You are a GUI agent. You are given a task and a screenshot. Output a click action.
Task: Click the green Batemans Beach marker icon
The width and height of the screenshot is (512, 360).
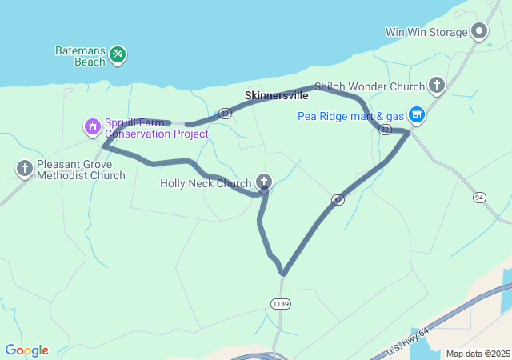pos(118,54)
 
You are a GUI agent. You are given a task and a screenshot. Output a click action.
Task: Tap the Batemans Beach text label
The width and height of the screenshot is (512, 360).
pos(80,55)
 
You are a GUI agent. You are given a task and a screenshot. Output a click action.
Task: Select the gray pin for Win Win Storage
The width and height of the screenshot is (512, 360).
pos(479,32)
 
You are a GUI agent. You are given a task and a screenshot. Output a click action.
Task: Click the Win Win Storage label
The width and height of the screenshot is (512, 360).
pos(426,33)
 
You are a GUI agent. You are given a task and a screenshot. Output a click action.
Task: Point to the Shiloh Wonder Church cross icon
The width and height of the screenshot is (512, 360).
pos(436,85)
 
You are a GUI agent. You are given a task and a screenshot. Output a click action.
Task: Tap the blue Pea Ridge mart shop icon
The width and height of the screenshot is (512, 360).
pos(416,115)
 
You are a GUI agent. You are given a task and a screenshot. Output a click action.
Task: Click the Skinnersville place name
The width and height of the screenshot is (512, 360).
pos(276,95)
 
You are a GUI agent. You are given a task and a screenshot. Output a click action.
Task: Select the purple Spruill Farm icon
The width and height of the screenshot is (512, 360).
pos(93,126)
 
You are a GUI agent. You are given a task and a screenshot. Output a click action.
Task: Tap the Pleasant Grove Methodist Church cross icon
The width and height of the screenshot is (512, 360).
pos(24,168)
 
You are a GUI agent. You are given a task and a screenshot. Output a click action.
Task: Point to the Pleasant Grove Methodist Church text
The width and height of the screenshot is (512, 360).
pos(81,170)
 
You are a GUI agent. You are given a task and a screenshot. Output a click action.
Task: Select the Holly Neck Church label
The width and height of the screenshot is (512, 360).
pos(206,183)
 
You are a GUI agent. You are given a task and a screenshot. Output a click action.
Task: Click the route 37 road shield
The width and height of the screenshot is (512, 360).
pos(338,199)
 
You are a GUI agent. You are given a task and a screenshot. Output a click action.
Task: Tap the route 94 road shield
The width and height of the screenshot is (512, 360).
pos(479,197)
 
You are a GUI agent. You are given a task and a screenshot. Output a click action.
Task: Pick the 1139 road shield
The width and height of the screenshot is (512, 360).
pos(281,304)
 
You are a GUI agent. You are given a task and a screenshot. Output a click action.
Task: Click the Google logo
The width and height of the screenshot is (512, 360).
pos(26,350)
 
